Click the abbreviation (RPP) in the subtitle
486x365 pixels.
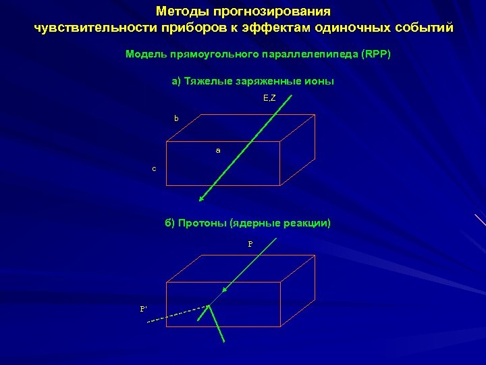coord(376,54)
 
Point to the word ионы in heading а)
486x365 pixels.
coord(321,81)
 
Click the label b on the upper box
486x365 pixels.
coord(177,118)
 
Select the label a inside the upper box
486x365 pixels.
coord(218,150)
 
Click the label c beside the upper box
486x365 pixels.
coord(154,168)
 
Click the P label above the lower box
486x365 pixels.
coord(250,244)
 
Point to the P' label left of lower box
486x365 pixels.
coord(144,308)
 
